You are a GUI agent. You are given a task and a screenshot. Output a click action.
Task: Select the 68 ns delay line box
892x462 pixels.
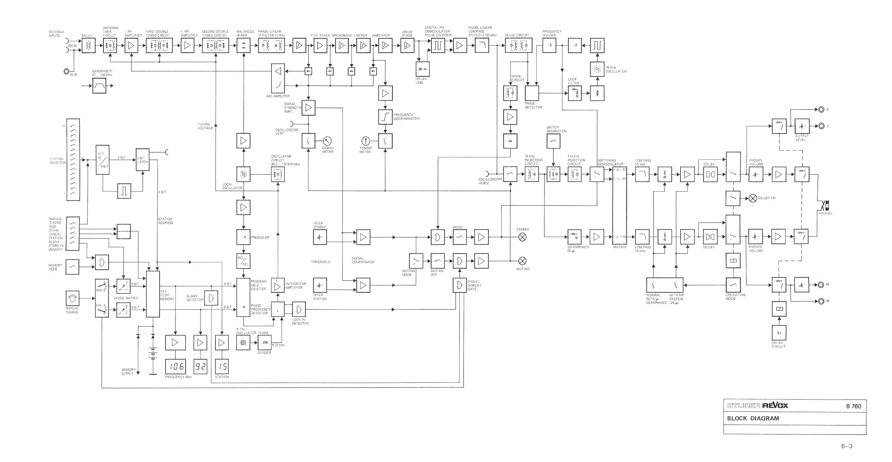[x=423, y=69]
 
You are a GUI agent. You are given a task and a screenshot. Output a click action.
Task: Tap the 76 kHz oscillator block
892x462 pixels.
[x=597, y=69]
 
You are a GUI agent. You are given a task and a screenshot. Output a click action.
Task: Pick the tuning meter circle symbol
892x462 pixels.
[x=366, y=141]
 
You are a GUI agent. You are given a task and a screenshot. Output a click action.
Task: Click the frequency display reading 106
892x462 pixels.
[x=175, y=366]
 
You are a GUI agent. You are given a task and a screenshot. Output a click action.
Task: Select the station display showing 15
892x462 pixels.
[x=222, y=366]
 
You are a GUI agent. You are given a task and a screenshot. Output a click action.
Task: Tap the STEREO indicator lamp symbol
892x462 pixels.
[x=523, y=237]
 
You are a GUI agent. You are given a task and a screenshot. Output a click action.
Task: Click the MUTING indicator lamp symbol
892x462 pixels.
[x=523, y=261]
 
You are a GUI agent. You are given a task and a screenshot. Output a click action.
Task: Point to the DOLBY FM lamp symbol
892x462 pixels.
[x=753, y=198]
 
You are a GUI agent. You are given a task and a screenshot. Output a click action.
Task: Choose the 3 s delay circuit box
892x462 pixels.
[x=779, y=333]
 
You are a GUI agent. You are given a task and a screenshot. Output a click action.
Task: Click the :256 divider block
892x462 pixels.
[x=264, y=342]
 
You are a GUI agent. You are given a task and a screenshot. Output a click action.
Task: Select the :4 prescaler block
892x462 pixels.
[x=244, y=237]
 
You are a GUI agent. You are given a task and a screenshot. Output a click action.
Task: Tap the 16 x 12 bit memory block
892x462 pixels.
[x=153, y=294]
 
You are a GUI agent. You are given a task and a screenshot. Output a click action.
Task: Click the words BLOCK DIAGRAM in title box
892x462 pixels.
[x=753, y=418]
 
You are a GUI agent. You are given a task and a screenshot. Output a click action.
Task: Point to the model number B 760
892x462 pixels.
[x=853, y=406]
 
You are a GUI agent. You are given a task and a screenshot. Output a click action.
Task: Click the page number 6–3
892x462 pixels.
[x=847, y=446]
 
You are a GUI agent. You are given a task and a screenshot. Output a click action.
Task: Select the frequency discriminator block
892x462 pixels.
[x=385, y=117]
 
